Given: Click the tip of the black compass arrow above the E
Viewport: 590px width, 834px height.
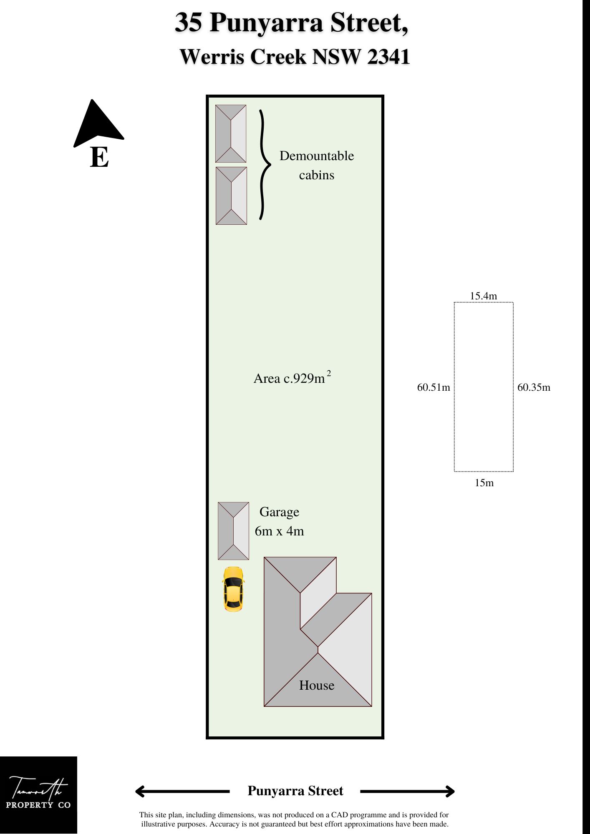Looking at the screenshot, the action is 92,100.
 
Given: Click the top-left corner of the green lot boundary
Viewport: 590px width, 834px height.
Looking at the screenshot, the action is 207,96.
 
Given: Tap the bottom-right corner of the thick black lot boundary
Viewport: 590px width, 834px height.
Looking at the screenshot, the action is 383,738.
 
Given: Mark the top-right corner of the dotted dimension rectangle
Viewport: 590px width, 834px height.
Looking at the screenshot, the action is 513,302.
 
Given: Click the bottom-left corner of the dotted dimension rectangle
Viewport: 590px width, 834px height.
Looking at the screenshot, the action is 454,472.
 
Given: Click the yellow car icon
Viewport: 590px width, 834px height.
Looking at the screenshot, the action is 233,589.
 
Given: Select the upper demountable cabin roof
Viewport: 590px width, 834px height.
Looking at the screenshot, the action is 231,133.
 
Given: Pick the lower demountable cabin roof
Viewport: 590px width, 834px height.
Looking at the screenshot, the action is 231,196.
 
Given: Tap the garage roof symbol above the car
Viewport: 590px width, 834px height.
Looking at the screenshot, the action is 233,531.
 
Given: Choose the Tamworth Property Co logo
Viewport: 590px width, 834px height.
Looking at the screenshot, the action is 38,795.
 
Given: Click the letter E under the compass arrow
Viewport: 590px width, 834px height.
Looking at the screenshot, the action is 99,157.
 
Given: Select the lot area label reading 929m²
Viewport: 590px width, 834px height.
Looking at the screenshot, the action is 292,377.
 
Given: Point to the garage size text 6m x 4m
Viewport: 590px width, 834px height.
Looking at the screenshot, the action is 279,531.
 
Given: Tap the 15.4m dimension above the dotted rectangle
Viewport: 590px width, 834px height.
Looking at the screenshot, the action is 483,296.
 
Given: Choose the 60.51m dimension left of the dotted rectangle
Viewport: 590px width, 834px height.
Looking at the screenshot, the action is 434,387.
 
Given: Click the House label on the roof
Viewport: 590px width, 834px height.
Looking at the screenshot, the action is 317,685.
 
